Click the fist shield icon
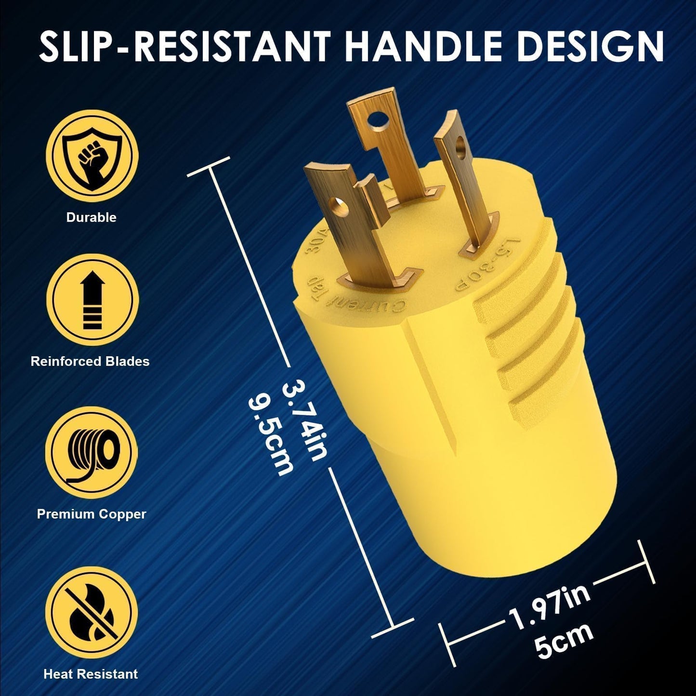click(x=92, y=155)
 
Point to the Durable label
click(x=92, y=217)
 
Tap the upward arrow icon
click(x=92, y=300)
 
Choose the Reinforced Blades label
click(x=90, y=361)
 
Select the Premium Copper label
click(x=92, y=514)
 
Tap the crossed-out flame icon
click(x=92, y=611)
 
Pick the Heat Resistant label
click(x=91, y=674)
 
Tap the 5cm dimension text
click(x=564, y=641)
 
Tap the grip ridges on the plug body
click(x=525, y=356)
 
